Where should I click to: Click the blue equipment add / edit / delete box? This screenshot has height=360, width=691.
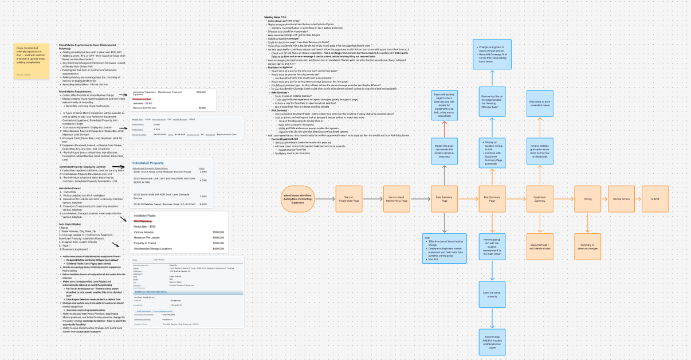pyautogui.click(x=540, y=248)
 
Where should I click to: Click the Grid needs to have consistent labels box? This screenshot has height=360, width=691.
pyautogui.click(x=540, y=103)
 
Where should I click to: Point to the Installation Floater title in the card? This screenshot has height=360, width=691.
pyautogui.click(x=141, y=216)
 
